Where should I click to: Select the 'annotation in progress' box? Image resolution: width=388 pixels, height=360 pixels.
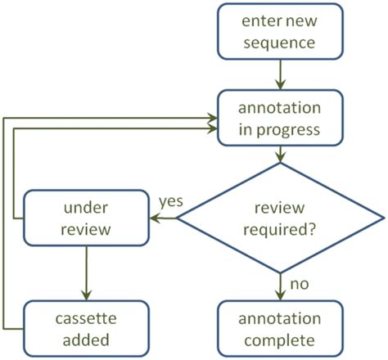[x=281, y=120]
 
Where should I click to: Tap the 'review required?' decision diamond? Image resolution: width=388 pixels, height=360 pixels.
[x=281, y=218]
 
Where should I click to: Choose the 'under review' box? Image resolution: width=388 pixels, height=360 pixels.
[x=85, y=218]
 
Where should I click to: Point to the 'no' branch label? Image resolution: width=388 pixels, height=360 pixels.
[x=299, y=284]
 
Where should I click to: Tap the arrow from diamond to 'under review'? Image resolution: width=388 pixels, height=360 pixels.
[x=164, y=218]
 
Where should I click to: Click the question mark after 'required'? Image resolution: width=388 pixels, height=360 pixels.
[x=314, y=229]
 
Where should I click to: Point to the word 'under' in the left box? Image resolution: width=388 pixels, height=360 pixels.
[x=86, y=208]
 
